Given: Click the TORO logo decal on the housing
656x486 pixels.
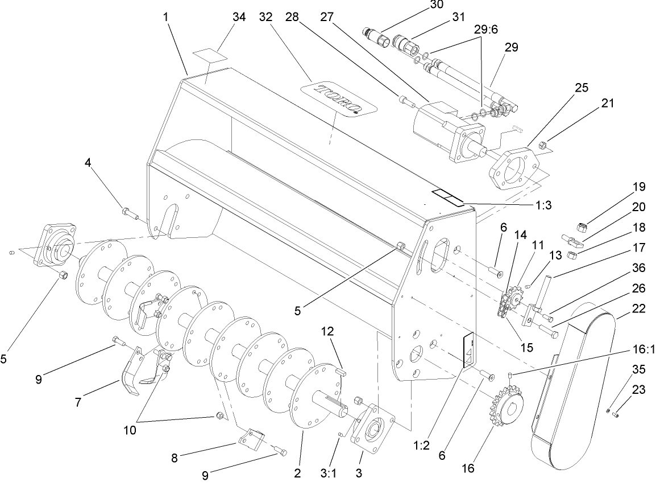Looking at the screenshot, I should pyautogui.click(x=339, y=98).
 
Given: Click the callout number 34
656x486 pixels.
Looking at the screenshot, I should pyautogui.click(x=239, y=17).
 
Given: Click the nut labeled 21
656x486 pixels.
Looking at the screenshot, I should pyautogui.click(x=542, y=146).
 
